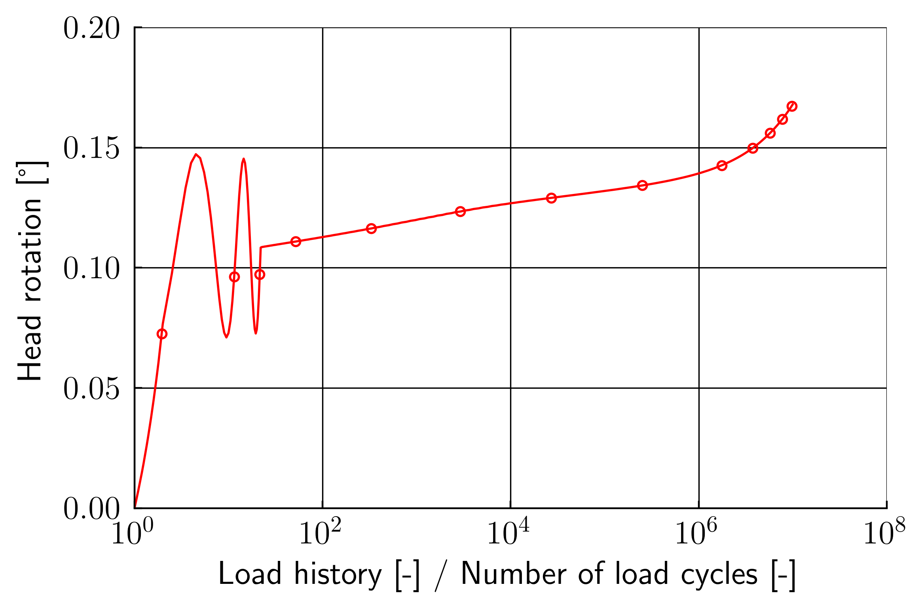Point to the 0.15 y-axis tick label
(x=91, y=149)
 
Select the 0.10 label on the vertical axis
(x=91, y=269)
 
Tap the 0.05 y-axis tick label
(x=91, y=389)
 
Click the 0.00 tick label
(x=91, y=509)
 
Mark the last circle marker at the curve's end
(x=792, y=106)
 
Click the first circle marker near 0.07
(x=162, y=334)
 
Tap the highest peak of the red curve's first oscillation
(x=196, y=154)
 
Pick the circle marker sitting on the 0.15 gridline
(x=753, y=148)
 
